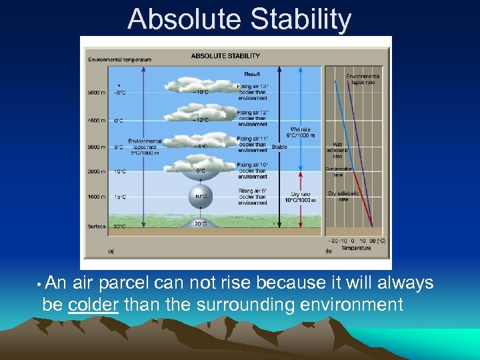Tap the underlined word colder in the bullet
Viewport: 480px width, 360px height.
(x=93, y=305)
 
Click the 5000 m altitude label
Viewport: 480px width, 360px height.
(x=97, y=93)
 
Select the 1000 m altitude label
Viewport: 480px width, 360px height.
(x=97, y=197)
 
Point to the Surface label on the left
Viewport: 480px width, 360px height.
(x=97, y=226)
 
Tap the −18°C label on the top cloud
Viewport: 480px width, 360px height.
(x=200, y=92)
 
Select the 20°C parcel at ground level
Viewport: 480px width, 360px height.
(x=201, y=224)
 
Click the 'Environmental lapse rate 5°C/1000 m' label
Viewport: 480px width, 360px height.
(x=145, y=147)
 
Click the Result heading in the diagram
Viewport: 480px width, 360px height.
(x=253, y=74)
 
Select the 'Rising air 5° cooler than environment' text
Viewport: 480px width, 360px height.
(x=253, y=197)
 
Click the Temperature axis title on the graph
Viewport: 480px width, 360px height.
(x=356, y=248)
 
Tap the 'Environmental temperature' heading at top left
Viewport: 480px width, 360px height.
(x=120, y=59)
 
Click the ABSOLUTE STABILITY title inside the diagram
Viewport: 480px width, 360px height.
(x=226, y=55)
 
